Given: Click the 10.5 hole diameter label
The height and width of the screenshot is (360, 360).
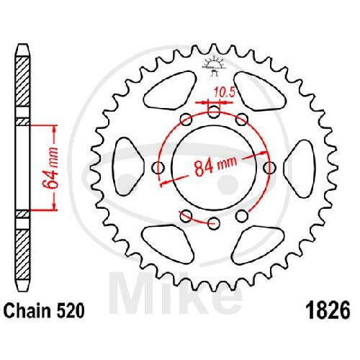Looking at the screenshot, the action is (x=225, y=92).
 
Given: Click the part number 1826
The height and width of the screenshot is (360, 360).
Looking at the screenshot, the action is (x=329, y=310).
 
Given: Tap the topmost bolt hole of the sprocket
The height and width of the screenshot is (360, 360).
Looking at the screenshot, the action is (x=214, y=112).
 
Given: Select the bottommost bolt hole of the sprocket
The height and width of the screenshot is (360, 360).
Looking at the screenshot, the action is (x=214, y=224).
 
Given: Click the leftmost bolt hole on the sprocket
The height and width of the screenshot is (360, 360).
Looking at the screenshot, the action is (x=158, y=167).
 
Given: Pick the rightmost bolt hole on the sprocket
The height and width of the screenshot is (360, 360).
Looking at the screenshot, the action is (x=269, y=167).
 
